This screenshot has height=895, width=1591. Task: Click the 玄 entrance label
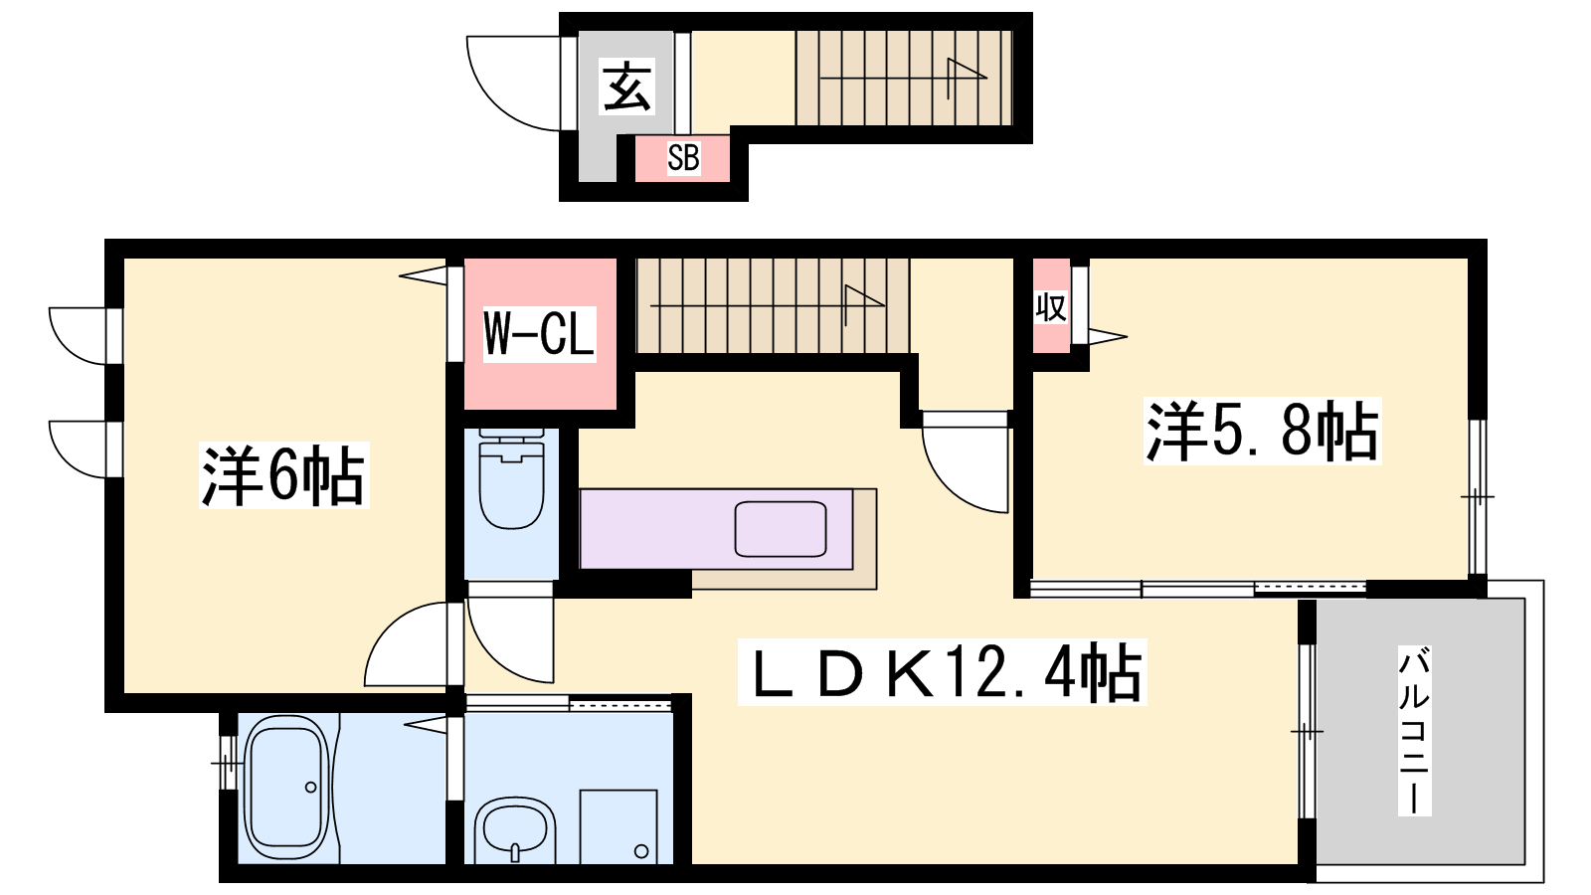627,88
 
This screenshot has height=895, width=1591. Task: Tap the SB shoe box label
683,158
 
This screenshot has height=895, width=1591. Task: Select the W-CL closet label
539,334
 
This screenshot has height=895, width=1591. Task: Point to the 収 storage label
1050,307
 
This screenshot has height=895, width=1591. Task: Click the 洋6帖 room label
283,475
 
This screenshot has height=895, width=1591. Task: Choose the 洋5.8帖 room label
1262,432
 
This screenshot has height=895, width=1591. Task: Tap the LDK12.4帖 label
943,672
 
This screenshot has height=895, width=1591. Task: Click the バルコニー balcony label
1413,731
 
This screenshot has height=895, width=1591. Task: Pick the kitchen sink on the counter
781,529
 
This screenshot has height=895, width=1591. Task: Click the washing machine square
618,826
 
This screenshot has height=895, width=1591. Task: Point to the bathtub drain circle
310,787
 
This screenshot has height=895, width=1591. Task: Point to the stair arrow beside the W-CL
767,305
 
